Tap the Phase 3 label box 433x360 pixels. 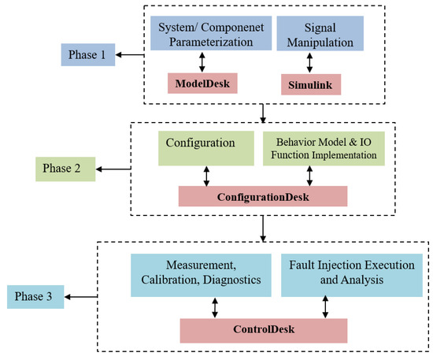[36, 297]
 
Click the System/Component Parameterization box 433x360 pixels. [203, 36]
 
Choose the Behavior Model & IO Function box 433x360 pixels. [324, 148]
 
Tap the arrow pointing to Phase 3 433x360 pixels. [82, 297]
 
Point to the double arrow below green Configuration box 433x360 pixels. [206, 176]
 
